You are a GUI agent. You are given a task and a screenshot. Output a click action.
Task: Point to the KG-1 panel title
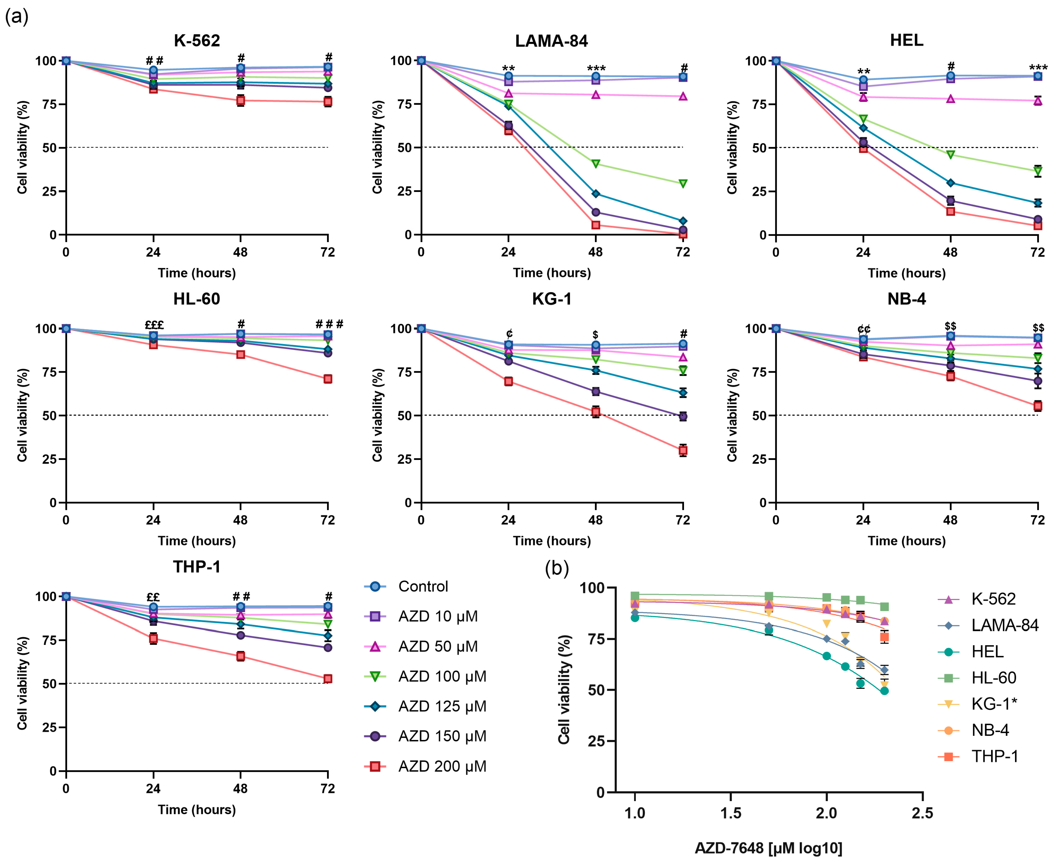552,299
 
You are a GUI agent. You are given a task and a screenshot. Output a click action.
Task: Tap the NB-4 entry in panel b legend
990,730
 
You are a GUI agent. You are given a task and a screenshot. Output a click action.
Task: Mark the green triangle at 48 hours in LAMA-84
596,164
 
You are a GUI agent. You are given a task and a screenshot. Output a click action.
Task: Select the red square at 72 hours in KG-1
683,450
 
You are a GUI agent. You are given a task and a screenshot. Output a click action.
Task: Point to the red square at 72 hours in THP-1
328,679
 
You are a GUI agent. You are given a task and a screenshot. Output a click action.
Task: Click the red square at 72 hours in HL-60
328,379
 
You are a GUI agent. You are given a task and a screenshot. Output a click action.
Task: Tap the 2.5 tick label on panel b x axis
922,813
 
